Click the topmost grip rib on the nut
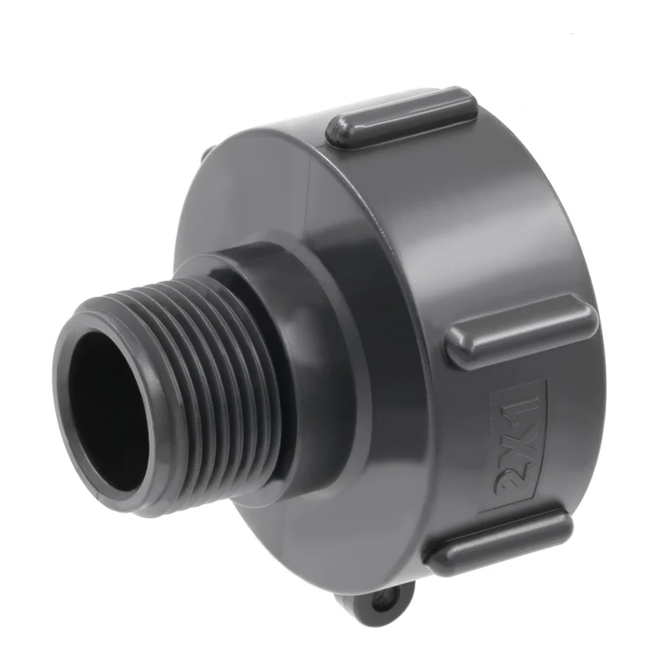[402, 117]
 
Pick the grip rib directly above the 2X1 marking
[522, 331]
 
